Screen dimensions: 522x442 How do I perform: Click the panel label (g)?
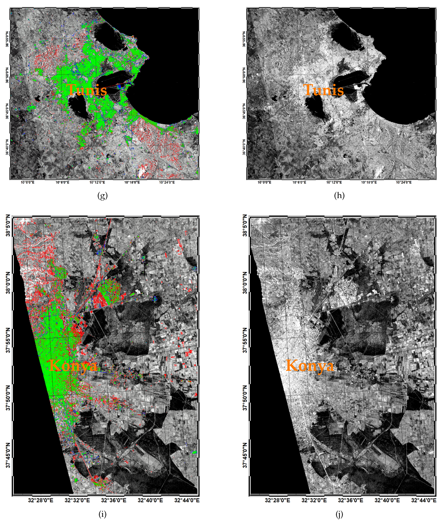tap(102, 196)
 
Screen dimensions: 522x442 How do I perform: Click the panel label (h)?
tap(339, 196)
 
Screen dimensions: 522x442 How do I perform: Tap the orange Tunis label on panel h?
tap(323, 90)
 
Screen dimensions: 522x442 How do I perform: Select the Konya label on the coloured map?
tap(73, 366)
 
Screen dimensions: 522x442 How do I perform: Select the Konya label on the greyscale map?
tap(310, 366)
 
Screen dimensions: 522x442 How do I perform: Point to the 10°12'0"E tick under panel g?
tap(97, 182)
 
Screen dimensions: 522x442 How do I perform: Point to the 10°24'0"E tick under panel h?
tap(404, 182)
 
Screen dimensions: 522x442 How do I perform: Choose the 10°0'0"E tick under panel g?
tap(28, 182)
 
